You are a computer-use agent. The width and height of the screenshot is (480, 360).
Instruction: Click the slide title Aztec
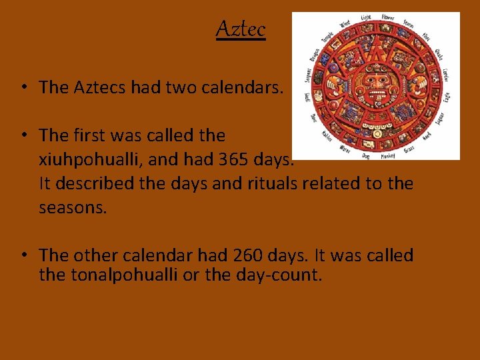(x=241, y=29)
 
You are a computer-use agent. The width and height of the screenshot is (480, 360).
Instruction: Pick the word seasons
(x=72, y=207)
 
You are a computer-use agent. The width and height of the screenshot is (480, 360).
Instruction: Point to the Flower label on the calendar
(x=387, y=18)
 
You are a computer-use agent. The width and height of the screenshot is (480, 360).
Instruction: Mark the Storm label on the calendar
(x=408, y=23)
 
